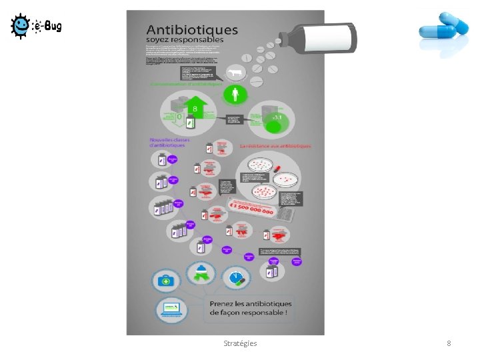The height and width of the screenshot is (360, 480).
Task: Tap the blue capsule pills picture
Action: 445,32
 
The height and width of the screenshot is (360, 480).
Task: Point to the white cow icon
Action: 234,73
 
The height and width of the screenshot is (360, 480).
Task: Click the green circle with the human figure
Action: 234,95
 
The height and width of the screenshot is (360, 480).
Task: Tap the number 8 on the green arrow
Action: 195,109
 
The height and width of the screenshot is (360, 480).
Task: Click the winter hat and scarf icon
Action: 200,272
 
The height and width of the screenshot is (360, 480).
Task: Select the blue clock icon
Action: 235,277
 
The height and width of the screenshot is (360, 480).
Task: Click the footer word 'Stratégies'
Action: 240,343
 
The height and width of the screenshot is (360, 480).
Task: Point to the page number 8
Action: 449,343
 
